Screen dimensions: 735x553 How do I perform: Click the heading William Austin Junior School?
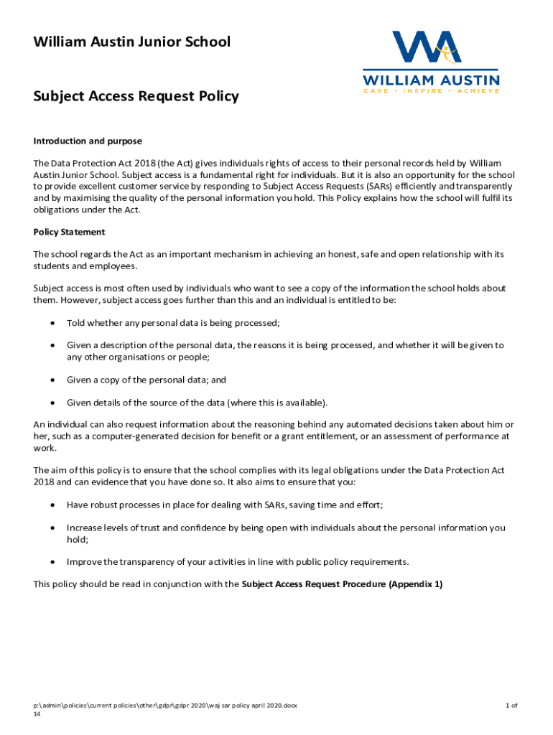click(x=132, y=42)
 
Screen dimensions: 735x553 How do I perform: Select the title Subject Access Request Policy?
click(x=136, y=96)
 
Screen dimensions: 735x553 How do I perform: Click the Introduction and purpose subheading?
click(x=88, y=141)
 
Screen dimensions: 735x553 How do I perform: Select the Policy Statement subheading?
click(x=69, y=232)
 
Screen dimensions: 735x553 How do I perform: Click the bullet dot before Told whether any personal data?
click(x=51, y=322)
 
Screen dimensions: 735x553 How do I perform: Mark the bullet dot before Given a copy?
click(x=51, y=380)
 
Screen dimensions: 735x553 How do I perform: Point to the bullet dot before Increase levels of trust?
click(x=51, y=528)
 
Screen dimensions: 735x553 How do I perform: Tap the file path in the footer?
click(x=165, y=706)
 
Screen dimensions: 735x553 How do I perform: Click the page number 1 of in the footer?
click(x=511, y=706)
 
